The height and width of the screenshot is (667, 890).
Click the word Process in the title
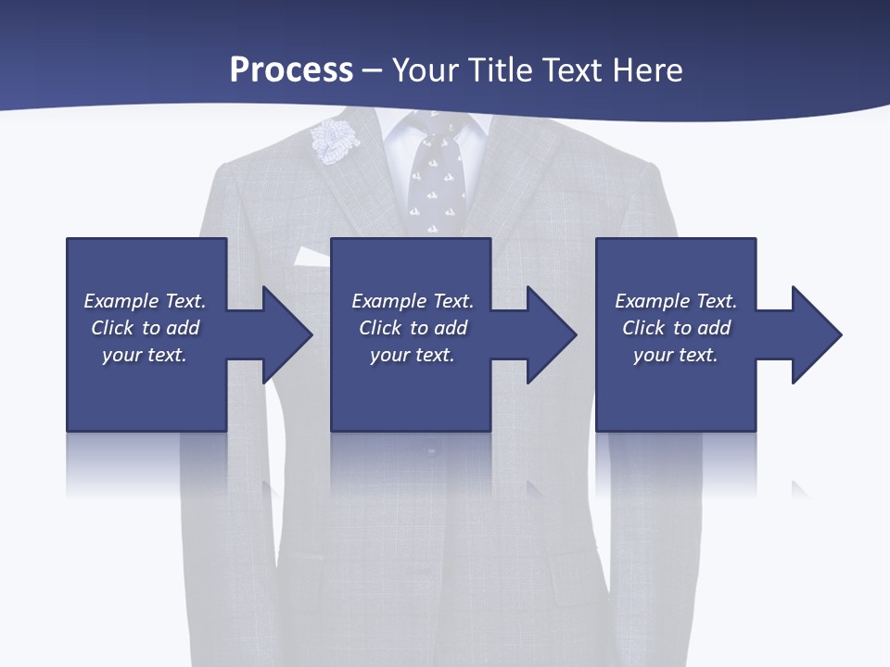(291, 70)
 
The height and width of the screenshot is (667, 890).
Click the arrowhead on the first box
(286, 334)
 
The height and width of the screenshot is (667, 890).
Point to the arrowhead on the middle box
(551, 334)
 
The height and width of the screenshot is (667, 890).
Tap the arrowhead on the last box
(816, 334)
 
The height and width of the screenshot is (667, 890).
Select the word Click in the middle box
(379, 328)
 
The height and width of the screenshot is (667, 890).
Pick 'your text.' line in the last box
(675, 355)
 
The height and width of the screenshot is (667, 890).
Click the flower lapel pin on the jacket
(333, 141)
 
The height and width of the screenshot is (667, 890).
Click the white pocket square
(310, 257)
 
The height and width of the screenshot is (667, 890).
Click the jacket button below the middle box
(431, 451)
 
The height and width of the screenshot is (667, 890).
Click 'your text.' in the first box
(145, 355)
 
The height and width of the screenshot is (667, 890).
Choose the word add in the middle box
(451, 328)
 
